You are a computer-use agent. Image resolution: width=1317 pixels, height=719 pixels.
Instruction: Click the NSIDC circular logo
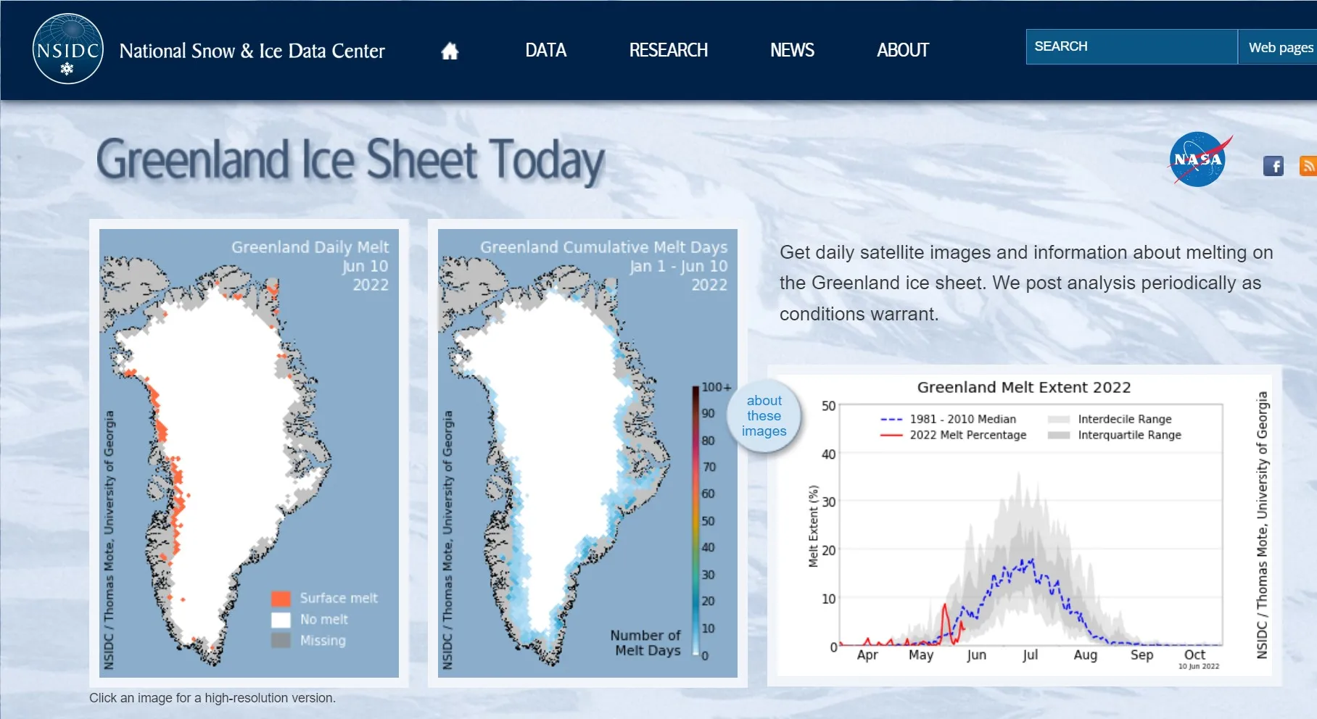coord(68,49)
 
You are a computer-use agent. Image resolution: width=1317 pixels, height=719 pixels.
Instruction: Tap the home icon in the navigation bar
coord(450,51)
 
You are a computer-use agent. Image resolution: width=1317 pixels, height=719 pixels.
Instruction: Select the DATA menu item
coord(545,50)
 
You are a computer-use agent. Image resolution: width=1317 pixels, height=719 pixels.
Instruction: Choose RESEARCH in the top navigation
coord(668,50)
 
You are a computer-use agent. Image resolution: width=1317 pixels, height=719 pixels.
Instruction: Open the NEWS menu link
coord(792,50)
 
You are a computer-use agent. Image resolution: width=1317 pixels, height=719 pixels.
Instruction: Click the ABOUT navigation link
coord(902,50)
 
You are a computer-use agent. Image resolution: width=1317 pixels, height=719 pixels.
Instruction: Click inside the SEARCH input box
coord(1131,46)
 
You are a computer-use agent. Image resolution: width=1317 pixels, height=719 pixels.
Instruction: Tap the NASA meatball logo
coord(1198,159)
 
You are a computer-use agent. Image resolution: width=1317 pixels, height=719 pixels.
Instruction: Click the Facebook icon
coord(1273,166)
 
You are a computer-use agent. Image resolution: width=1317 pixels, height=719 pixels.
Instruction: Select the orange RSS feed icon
coord(1308,166)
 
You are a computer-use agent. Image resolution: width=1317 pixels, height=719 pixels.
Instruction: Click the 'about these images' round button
coord(764,416)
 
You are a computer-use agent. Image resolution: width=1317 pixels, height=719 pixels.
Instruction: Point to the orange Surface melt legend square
coord(281,599)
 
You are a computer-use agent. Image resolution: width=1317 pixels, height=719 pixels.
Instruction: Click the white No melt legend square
coord(281,620)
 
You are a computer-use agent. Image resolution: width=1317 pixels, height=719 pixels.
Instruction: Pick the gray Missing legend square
coord(281,640)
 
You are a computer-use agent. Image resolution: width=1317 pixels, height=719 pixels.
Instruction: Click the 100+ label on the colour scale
coord(716,387)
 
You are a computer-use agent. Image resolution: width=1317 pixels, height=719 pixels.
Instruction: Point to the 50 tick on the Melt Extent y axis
coord(828,406)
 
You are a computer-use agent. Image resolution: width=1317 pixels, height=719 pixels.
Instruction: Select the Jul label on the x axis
coord(1030,655)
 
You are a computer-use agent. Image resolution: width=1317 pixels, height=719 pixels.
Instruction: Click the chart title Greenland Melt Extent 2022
coord(1024,387)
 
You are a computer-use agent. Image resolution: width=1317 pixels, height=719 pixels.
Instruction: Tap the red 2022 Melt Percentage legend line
coord(891,435)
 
